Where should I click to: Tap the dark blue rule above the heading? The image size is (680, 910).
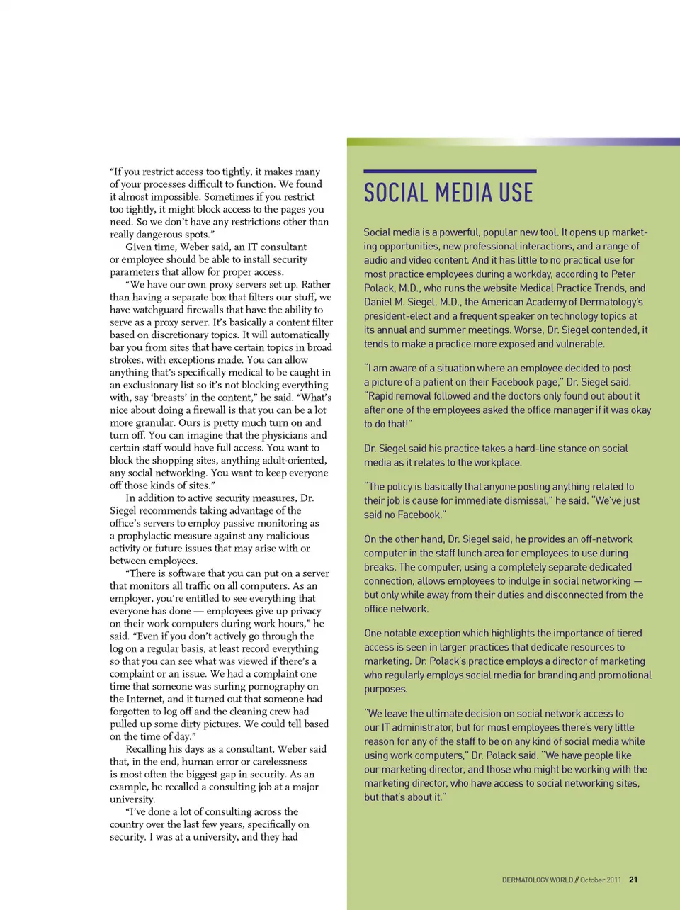[450, 171]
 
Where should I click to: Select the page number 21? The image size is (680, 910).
[633, 880]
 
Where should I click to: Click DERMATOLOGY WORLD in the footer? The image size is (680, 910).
[538, 880]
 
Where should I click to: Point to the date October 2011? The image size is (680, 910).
[601, 880]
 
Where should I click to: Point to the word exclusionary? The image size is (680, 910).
[156, 385]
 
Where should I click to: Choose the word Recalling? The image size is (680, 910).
[149, 749]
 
